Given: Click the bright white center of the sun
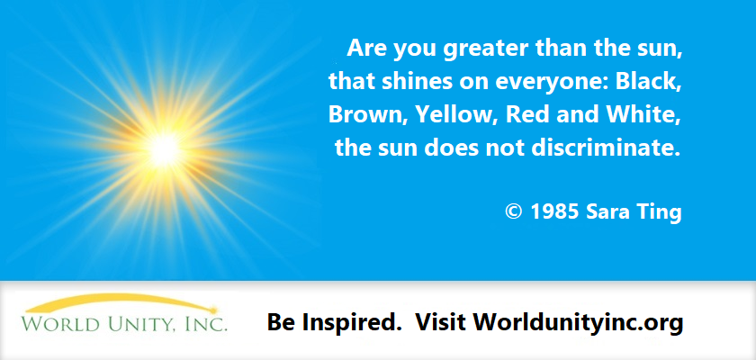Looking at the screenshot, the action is click(x=165, y=150).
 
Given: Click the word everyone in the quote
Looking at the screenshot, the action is click(x=549, y=83).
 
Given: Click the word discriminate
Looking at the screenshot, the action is click(x=605, y=148).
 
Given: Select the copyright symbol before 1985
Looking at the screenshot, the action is click(x=514, y=211).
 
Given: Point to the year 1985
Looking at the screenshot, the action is click(x=555, y=211).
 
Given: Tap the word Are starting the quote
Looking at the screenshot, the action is click(x=367, y=49).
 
